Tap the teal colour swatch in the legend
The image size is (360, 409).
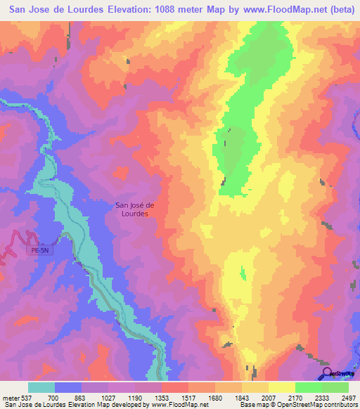pos(41,387)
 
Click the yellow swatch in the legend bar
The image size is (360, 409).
pos(282,387)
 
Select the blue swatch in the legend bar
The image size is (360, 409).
pos(68,387)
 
